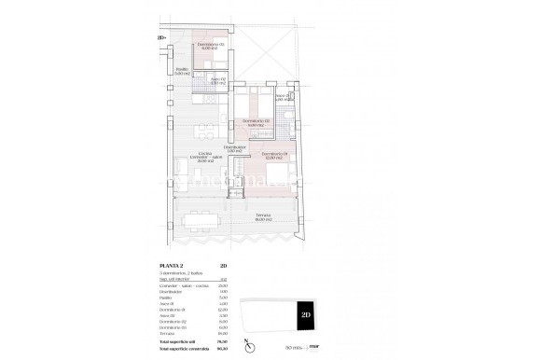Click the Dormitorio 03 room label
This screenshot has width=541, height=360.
coord(209,46)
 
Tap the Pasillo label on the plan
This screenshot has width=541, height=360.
coord(183,71)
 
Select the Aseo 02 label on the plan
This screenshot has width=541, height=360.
coord(215,82)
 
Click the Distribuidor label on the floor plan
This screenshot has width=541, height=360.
coord(235,148)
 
